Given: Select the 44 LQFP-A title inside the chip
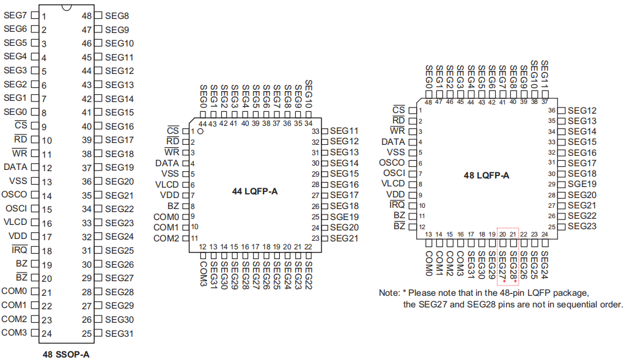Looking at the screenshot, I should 254,191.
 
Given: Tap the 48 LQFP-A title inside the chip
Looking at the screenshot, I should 486,175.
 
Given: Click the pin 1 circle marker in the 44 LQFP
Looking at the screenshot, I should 200,131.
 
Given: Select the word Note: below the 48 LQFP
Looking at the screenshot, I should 389,293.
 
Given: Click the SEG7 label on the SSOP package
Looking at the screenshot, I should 15,15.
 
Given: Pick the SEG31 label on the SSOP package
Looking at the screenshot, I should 119,334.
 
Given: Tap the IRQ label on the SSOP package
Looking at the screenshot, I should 20,250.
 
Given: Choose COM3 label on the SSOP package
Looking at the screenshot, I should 14,333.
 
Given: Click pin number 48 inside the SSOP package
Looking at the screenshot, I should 87,15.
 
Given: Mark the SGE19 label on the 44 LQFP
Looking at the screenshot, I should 344,217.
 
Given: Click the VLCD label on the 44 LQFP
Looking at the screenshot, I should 167,185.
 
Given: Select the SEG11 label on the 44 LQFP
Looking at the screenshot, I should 344,131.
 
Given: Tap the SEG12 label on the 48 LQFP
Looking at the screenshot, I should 582,111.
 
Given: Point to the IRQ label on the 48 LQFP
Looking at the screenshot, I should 397,205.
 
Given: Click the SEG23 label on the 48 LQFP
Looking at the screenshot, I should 582,227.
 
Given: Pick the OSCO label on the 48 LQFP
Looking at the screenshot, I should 392,163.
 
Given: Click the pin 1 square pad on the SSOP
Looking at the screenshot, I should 35,15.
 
